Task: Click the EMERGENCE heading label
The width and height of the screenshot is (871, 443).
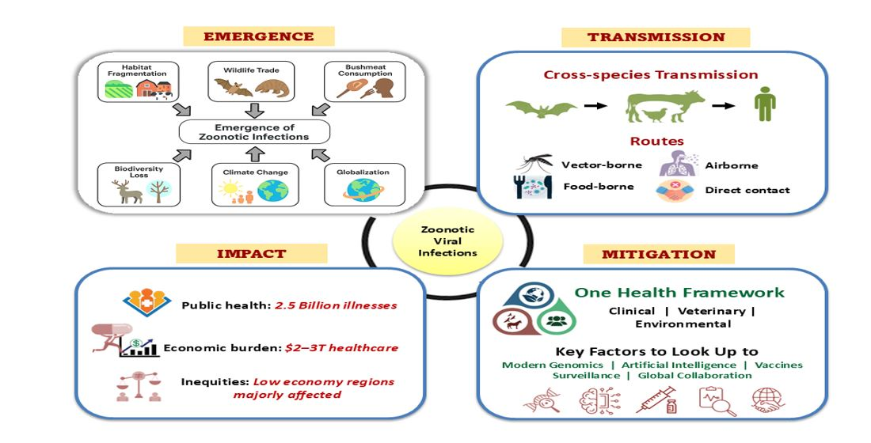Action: pos(259,36)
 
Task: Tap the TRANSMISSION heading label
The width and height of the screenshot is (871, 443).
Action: pos(656,37)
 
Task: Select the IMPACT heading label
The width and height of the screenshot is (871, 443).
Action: pos(250,254)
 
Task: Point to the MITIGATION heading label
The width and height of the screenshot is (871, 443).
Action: pos(659,255)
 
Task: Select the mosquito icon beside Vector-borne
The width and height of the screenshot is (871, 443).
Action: pos(535,164)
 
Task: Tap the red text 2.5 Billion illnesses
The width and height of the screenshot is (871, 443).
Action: pos(335,305)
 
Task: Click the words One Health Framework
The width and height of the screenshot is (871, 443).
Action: pos(680,293)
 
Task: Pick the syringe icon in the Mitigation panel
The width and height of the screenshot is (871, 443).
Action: pos(653,401)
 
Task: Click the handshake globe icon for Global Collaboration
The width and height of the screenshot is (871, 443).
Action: pos(767,400)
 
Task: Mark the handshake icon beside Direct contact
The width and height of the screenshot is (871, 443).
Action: pos(675,191)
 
